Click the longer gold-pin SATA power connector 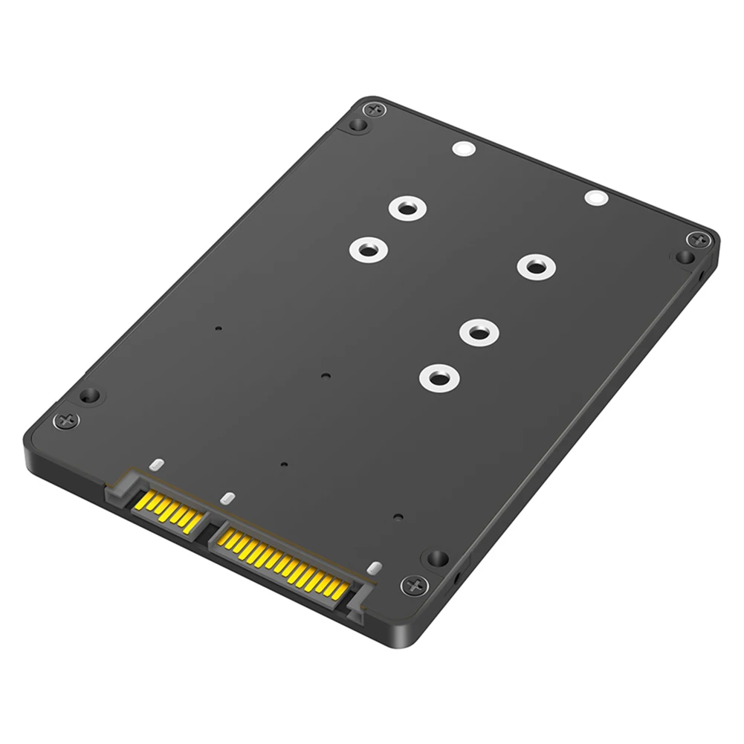(x=282, y=561)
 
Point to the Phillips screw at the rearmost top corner (x=374, y=109)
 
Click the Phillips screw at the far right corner (x=699, y=239)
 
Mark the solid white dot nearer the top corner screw (x=462, y=149)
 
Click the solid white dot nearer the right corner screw (x=595, y=198)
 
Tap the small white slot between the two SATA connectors (x=228, y=496)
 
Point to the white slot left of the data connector (x=155, y=465)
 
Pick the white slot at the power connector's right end (x=374, y=569)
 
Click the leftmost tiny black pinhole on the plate (x=217, y=327)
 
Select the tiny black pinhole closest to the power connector (x=398, y=517)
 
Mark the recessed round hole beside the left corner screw (x=89, y=395)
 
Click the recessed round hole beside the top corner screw (x=357, y=126)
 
